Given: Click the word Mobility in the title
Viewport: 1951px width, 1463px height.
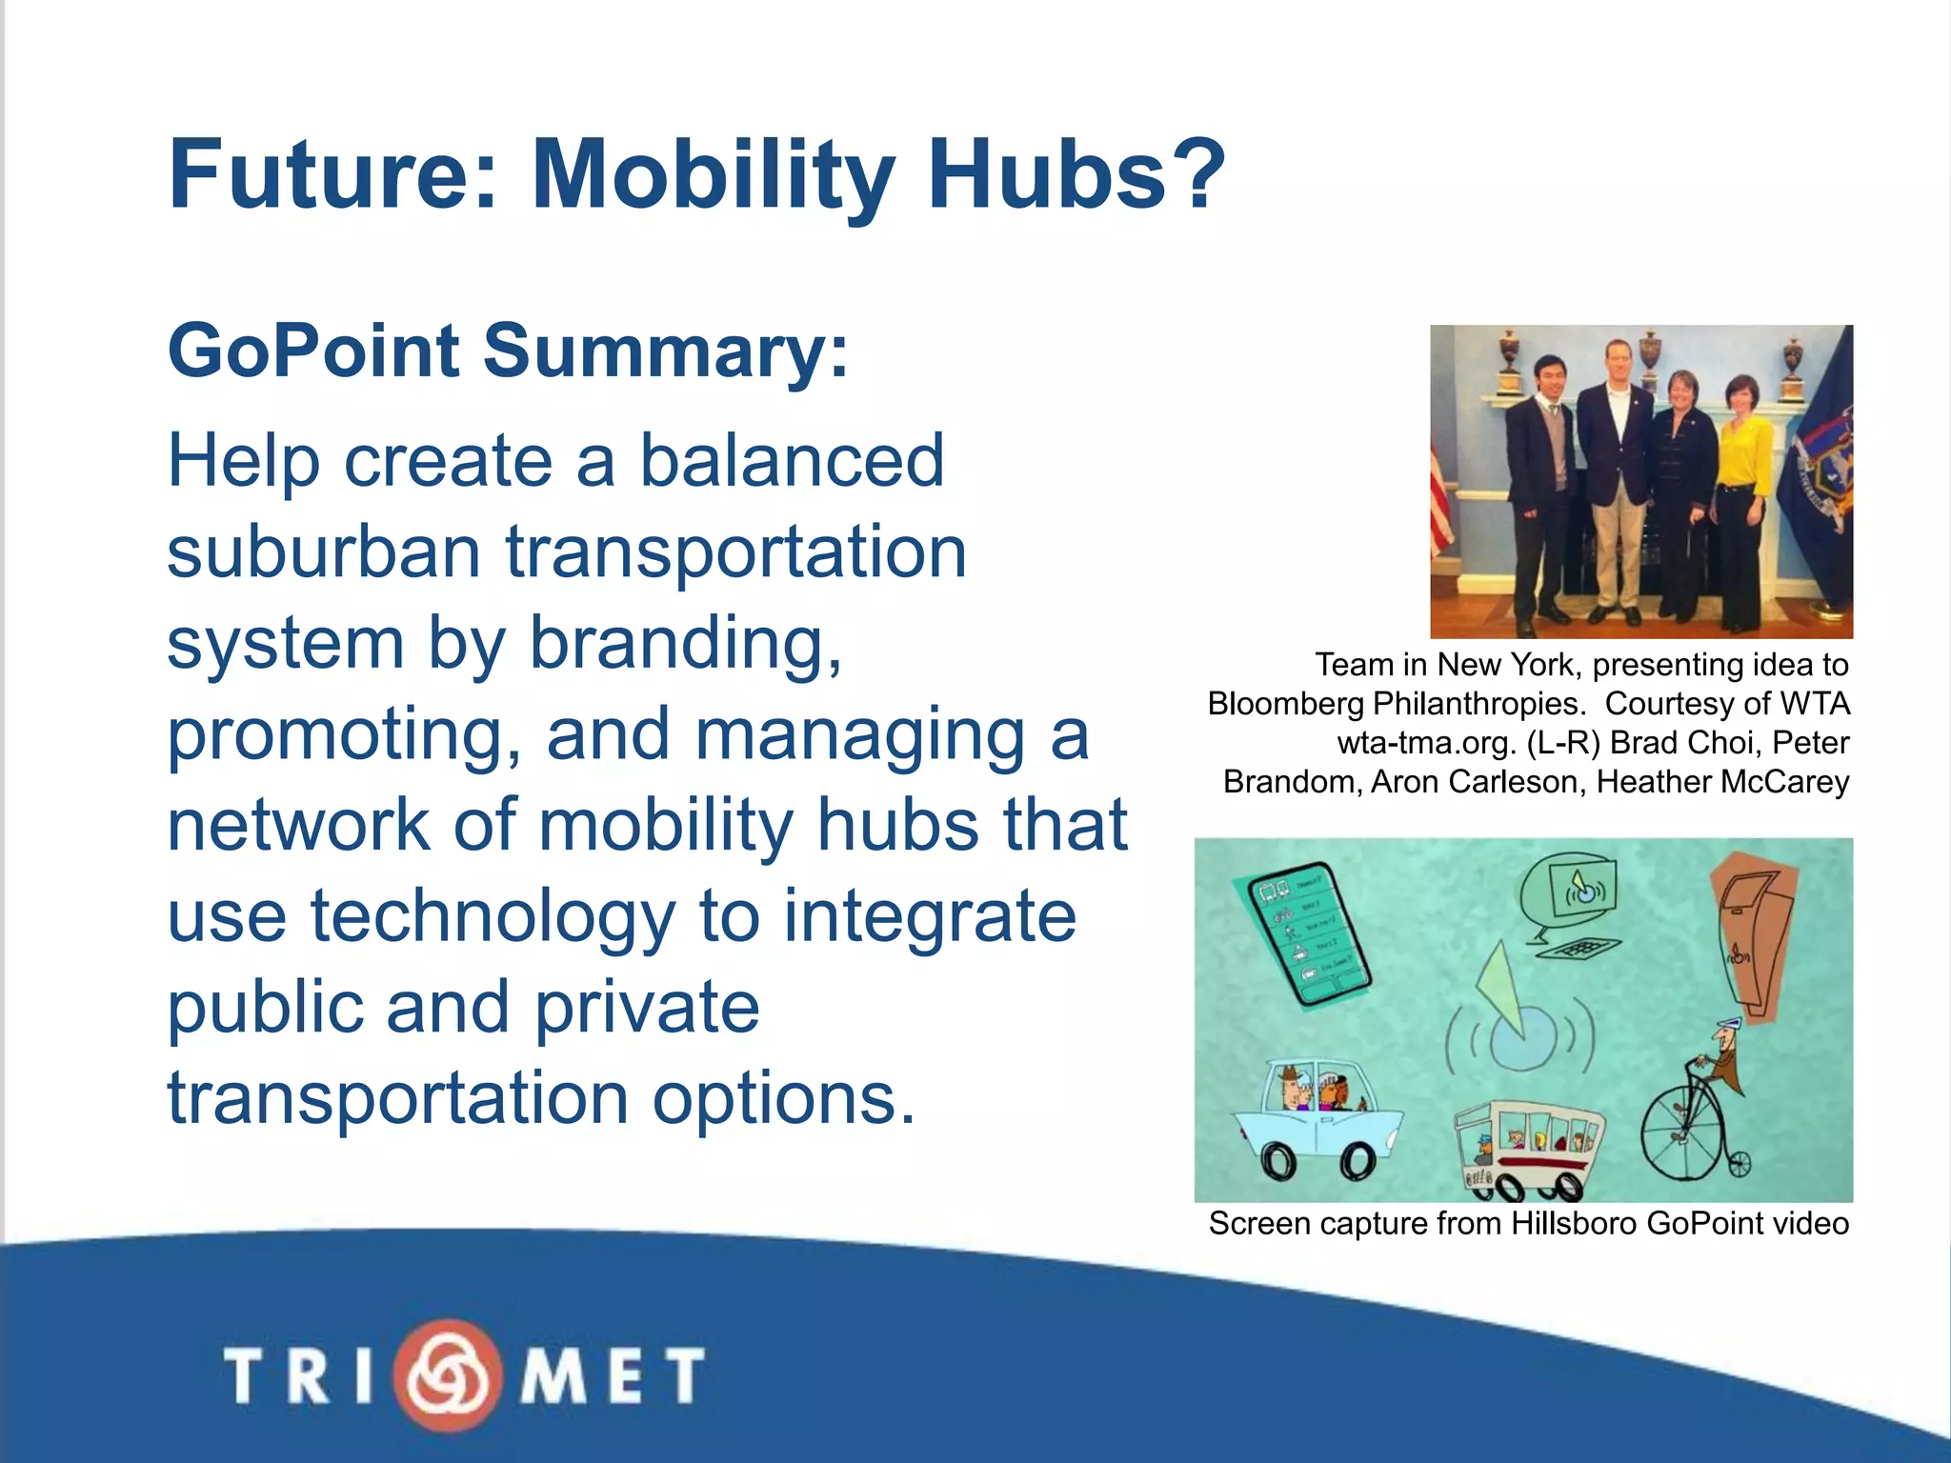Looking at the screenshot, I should tap(713, 176).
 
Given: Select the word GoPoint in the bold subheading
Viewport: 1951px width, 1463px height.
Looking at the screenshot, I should tap(313, 351).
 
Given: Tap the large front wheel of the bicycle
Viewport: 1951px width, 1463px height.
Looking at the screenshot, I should tap(1682, 1134).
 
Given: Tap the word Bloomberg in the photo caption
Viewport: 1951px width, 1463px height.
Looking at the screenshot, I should tap(1286, 704).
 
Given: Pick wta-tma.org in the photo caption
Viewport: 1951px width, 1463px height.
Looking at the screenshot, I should tap(1425, 743).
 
